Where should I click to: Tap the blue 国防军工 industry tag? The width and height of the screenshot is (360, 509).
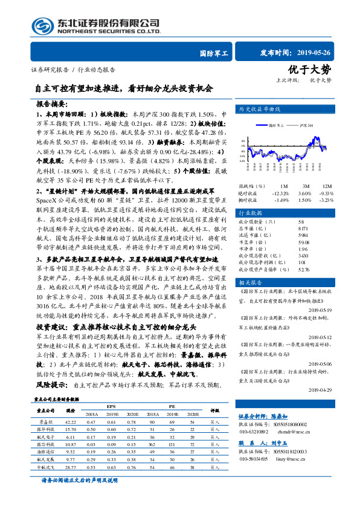[x=214, y=53]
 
